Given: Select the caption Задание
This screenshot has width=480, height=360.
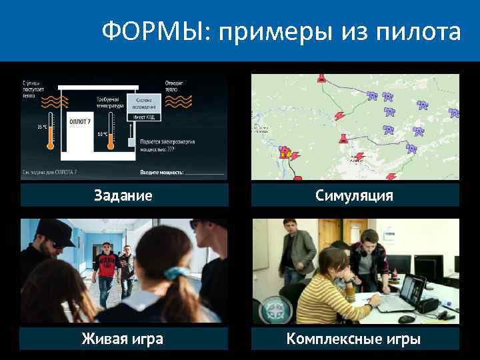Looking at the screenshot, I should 123,195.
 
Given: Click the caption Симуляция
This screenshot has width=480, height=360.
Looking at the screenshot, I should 354,195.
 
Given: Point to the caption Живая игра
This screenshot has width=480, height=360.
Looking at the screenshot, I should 123,339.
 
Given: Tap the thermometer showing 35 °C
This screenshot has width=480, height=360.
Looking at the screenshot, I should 49,134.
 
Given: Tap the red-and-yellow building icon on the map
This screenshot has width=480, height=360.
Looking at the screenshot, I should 286,152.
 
